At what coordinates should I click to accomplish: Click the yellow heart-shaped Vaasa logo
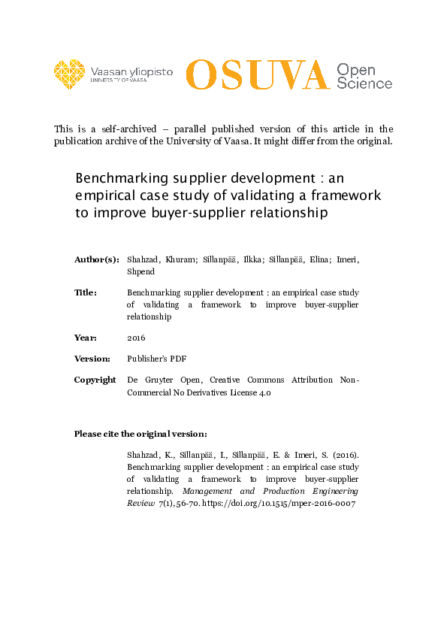[x=70, y=74]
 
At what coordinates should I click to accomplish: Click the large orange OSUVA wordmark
[x=258, y=74]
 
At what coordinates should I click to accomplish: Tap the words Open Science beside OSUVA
[x=364, y=76]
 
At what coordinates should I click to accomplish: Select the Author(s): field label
[x=96, y=259]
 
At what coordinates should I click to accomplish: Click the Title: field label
[x=86, y=292]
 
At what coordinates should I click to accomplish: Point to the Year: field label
[x=86, y=338]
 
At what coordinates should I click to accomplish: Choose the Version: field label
[x=92, y=359]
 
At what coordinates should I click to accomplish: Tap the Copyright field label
[x=95, y=380]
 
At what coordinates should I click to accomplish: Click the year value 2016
[x=136, y=338]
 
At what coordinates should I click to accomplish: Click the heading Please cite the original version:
[x=140, y=434]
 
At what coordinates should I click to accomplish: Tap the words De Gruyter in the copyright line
[x=152, y=380]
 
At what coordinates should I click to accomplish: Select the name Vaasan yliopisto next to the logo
[x=131, y=71]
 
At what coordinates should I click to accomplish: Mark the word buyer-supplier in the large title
[x=188, y=214]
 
